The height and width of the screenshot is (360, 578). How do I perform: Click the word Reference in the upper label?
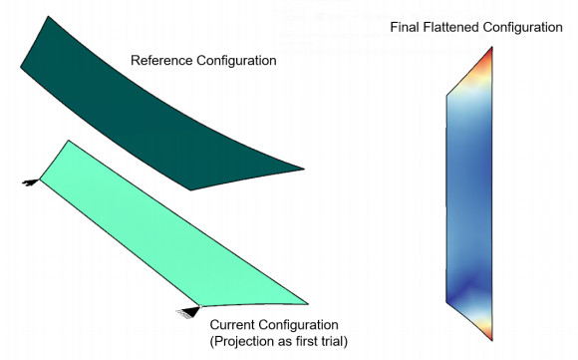162,62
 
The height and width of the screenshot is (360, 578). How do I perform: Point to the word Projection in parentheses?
243,342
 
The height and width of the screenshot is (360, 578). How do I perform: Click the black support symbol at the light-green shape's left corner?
32,181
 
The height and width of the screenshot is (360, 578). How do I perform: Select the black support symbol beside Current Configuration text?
188,311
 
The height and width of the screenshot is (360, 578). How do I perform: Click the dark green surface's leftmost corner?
20,67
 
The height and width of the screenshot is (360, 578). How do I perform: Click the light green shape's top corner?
68,142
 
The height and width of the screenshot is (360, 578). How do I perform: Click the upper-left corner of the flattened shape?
447,96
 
